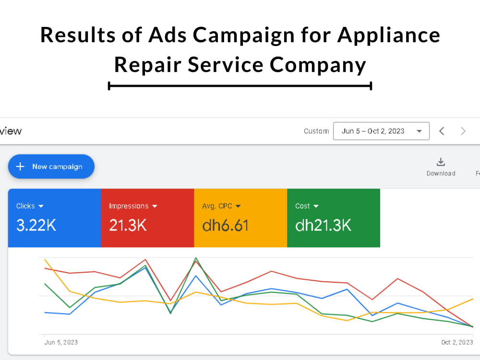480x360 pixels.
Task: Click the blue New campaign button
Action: (51, 167)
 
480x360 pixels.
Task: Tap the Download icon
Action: (441, 162)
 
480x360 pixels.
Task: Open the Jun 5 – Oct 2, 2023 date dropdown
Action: (381, 131)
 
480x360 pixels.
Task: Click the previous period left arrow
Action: (442, 131)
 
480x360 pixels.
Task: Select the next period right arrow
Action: (463, 131)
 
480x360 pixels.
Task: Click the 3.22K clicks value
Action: (36, 225)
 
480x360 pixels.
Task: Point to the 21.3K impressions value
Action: (128, 225)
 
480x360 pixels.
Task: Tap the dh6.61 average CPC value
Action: (225, 225)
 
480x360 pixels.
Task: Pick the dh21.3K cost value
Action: (323, 225)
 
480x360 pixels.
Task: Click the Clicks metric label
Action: (25, 206)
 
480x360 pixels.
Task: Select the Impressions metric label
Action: (129, 206)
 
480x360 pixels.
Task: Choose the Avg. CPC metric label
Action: (217, 206)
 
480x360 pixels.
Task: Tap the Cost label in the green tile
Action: (302, 206)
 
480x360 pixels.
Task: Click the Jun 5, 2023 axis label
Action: (61, 342)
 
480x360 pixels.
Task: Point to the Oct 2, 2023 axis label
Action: (457, 342)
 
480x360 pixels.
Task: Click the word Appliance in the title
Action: (389, 35)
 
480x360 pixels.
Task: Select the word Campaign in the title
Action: (244, 35)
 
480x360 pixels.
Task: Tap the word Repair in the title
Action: (148, 65)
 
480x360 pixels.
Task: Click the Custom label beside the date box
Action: (316, 131)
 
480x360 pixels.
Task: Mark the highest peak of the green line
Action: (196, 258)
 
